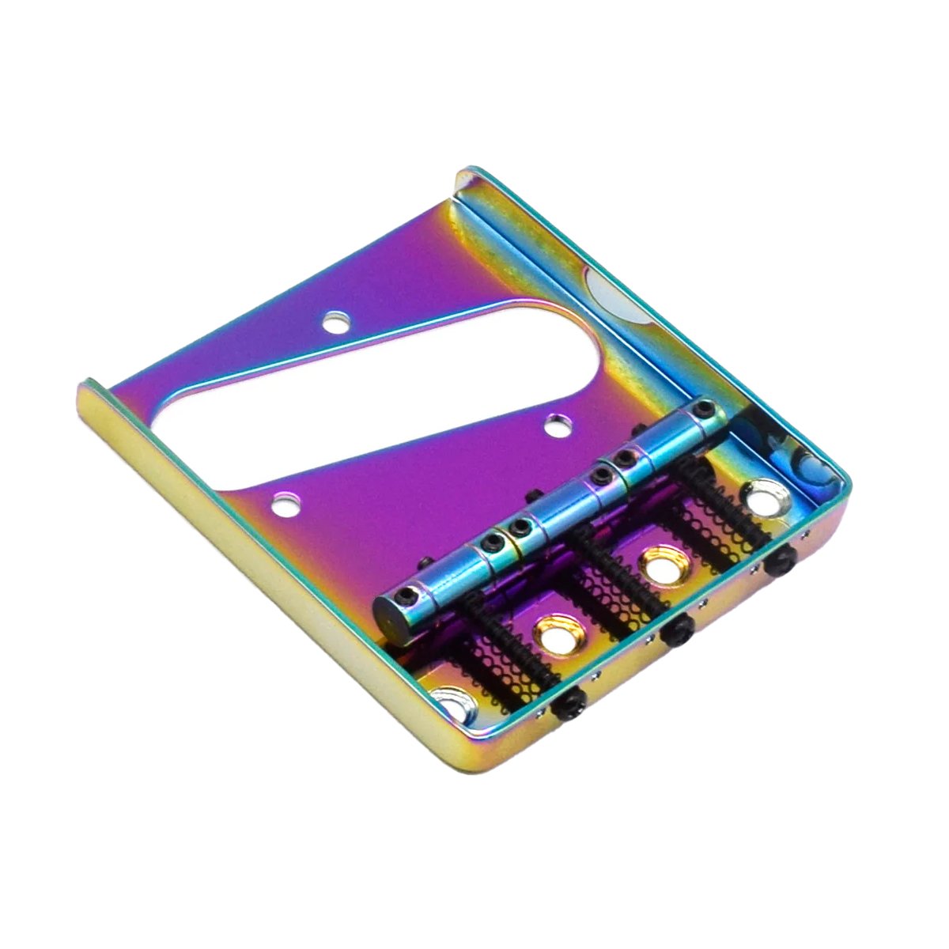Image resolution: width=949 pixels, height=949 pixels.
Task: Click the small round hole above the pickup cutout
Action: [336, 321]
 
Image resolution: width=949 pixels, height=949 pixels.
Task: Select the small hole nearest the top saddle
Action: [561, 423]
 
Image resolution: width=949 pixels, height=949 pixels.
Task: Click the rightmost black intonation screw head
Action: [782, 563]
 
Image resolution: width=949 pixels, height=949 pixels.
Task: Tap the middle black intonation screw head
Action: [678, 630]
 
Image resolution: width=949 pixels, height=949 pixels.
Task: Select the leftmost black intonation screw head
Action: [571, 698]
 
